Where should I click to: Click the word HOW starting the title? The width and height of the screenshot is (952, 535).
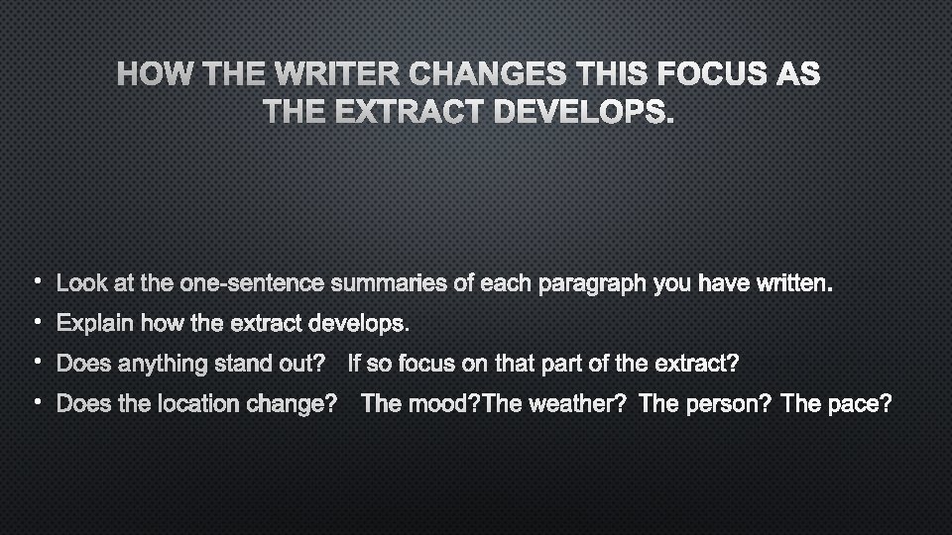151,74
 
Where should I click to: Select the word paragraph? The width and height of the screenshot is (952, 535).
590,284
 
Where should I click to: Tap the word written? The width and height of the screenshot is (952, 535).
793,284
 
